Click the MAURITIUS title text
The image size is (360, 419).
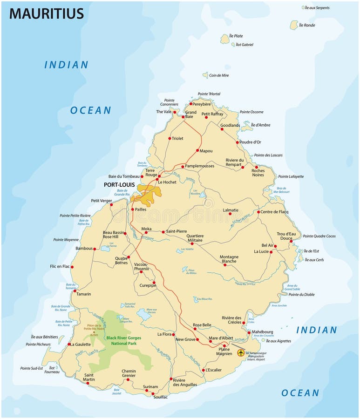click(x=46, y=13)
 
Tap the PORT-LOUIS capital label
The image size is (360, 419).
click(x=119, y=185)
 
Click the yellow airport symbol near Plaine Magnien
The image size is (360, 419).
click(x=241, y=352)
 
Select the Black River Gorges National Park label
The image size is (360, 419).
click(x=123, y=340)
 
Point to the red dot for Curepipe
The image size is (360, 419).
click(x=154, y=282)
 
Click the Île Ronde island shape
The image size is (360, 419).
click(x=294, y=25)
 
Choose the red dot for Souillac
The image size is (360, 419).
click(x=153, y=393)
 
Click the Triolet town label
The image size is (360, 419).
click(x=177, y=138)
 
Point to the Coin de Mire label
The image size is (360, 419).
click(x=219, y=75)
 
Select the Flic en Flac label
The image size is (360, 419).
click(x=60, y=267)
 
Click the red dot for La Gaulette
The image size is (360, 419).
click(x=70, y=345)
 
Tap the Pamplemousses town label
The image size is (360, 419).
click(x=199, y=166)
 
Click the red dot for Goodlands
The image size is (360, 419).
click(x=222, y=129)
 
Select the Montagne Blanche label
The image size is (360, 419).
click(x=229, y=259)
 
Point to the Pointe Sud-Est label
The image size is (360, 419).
click(x=32, y=368)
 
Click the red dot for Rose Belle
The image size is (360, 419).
click(x=195, y=328)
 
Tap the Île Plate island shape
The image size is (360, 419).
click(x=225, y=40)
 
